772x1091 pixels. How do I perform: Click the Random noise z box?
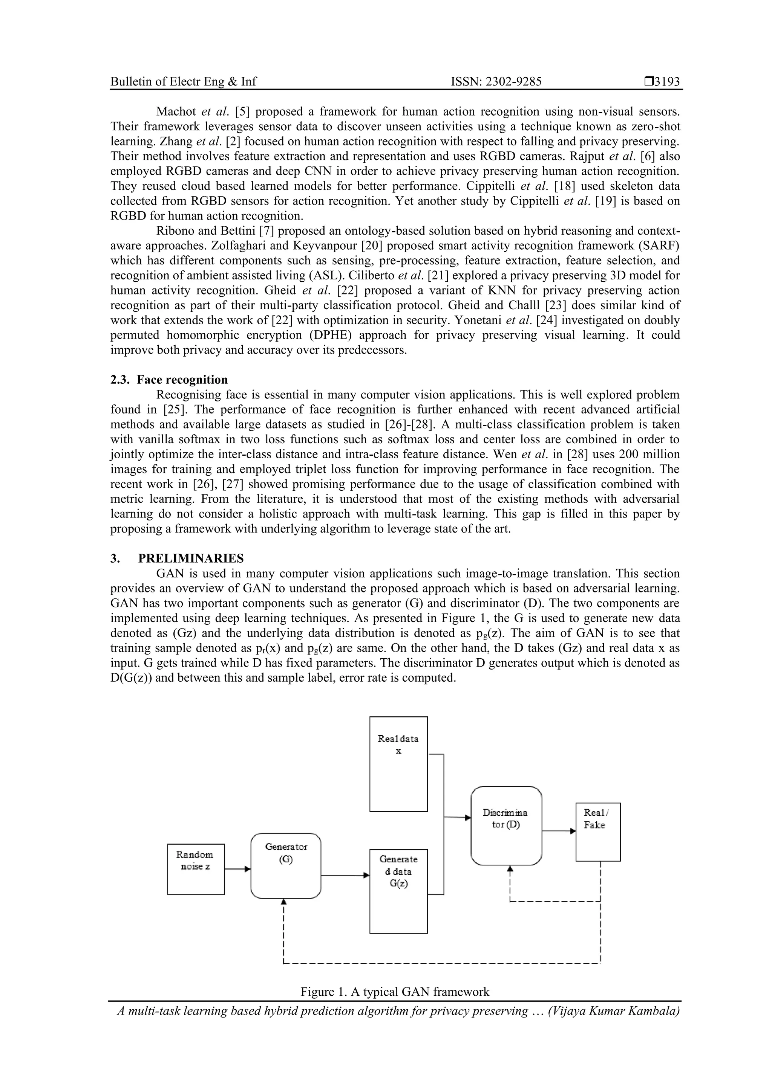196,869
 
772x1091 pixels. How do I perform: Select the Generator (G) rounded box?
285,866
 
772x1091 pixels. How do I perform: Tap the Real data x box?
398,764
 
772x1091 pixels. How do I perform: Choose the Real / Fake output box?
597,832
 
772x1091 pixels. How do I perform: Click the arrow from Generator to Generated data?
345,875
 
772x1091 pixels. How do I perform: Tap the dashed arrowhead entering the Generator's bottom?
283,902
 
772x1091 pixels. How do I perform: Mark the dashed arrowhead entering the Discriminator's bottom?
510,868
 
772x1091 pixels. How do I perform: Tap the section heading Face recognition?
182,380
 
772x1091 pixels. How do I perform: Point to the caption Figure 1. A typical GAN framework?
394,992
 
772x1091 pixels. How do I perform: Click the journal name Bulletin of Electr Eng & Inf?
183,82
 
